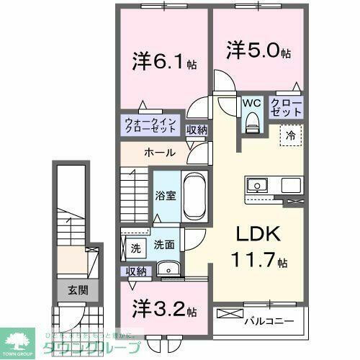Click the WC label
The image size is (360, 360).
tap(251, 103)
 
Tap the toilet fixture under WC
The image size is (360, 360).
tap(251, 123)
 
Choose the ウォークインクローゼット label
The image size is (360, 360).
tap(150, 126)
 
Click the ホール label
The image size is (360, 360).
tap(158, 153)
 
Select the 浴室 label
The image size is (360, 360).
tap(166, 195)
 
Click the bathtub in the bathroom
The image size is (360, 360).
tap(194, 196)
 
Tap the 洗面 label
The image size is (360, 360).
tap(163, 245)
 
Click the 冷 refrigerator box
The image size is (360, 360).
tap(291, 134)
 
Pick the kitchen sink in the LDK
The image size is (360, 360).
tap(257, 185)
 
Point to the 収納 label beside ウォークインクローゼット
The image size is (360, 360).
tap(197, 130)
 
